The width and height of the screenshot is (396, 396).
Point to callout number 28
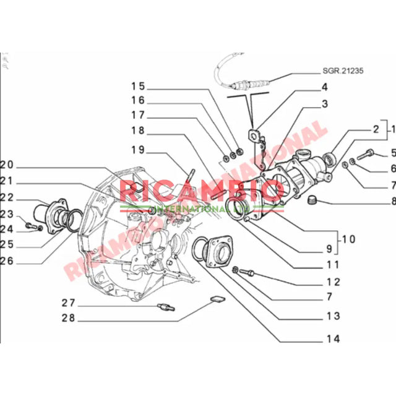(x=68, y=319)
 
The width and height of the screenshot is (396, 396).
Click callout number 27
(x=68, y=303)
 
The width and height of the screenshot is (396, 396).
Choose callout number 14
(x=333, y=339)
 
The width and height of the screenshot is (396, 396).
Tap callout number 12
(x=333, y=282)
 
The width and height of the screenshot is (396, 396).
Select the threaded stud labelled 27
(x=168, y=306)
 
